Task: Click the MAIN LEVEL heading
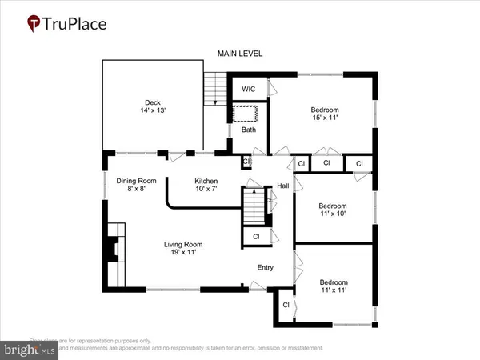tap(240, 54)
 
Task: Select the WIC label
tap(248, 89)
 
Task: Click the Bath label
tap(249, 129)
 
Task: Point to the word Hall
tap(283, 186)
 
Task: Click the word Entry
tap(266, 268)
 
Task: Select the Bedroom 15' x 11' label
tap(325, 114)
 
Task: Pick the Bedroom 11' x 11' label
tap(334, 286)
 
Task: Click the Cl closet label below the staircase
tap(256, 237)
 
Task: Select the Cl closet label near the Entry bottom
tap(286, 305)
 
